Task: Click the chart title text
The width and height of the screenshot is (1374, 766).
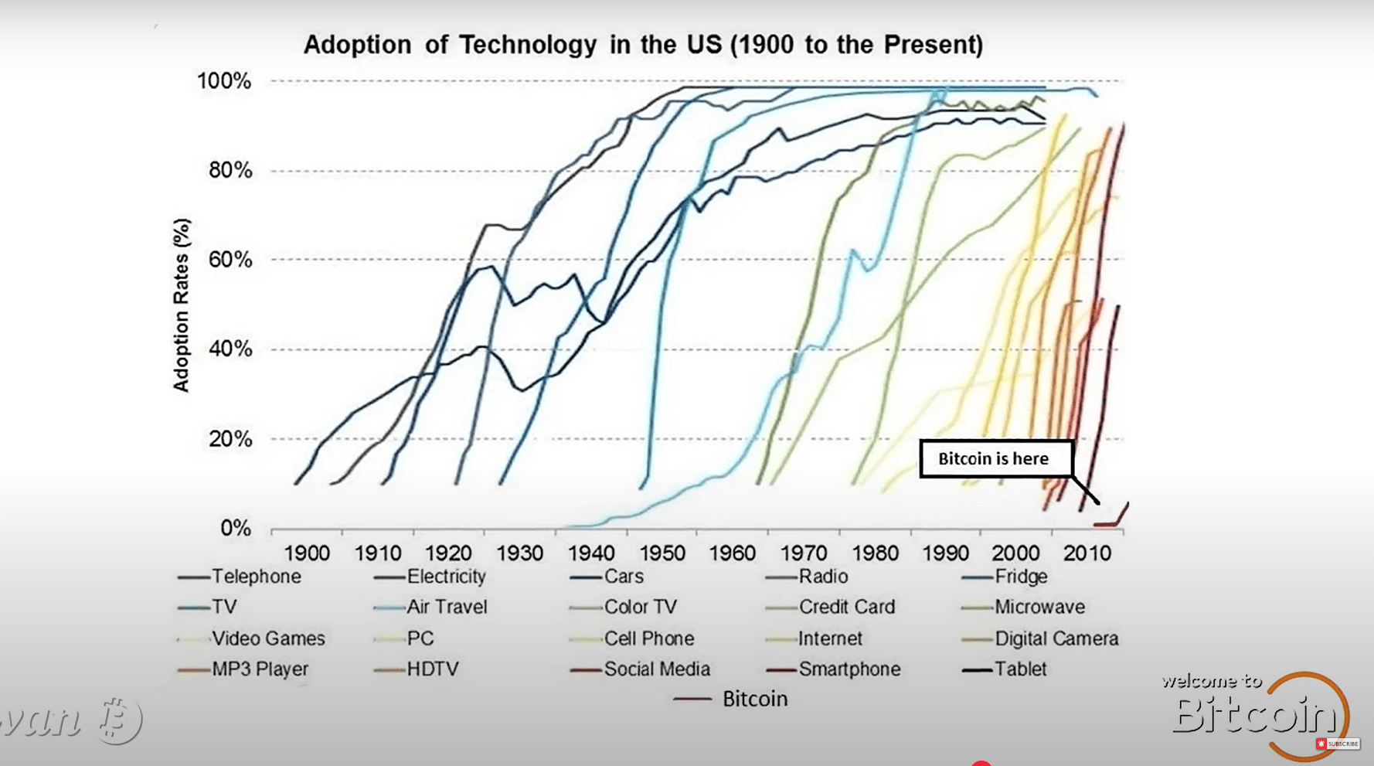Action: [643, 45]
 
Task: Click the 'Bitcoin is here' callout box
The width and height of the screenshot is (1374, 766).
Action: [995, 459]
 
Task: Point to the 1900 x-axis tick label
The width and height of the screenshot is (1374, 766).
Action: [307, 553]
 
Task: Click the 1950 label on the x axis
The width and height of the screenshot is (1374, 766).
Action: [661, 553]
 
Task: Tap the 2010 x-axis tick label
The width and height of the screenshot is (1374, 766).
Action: [1087, 553]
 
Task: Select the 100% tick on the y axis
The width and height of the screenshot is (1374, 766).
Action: [224, 81]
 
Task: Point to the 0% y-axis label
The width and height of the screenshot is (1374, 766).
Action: [235, 529]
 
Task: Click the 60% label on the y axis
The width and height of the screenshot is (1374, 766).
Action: [230, 260]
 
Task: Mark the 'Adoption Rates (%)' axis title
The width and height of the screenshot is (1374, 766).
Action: [181, 305]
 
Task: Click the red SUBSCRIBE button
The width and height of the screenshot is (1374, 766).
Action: [1338, 744]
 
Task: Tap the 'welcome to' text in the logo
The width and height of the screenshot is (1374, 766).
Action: [1211, 682]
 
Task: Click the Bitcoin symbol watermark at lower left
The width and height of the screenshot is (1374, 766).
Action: [118, 719]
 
